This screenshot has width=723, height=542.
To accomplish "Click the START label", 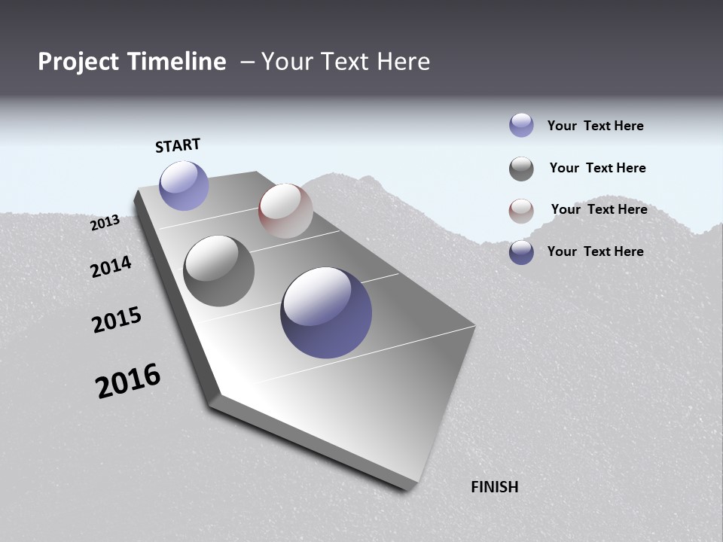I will [178, 145].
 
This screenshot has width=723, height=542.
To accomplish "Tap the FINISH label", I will [494, 487].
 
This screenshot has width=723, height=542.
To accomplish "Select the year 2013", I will [105, 223].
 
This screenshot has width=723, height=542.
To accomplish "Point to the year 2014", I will [111, 266].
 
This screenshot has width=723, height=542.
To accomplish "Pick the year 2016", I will [128, 381].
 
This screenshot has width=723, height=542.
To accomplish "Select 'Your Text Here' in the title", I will [345, 62].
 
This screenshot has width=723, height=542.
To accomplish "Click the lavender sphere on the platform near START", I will [184, 185].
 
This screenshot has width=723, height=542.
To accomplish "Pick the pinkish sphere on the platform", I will [285, 211].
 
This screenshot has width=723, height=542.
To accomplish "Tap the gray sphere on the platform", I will [219, 271].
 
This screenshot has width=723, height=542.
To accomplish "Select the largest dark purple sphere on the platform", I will [326, 312].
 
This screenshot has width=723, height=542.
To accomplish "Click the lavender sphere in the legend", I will [521, 126].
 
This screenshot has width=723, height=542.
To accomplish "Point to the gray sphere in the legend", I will [521, 169].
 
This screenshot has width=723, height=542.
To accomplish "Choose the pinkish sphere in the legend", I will [521, 211].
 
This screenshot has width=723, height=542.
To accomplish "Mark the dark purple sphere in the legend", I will [521, 252].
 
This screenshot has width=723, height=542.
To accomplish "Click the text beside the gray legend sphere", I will [597, 168].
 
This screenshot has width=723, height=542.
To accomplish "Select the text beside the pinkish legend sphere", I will [599, 209].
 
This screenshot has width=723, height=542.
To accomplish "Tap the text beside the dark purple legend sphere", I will [595, 251].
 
